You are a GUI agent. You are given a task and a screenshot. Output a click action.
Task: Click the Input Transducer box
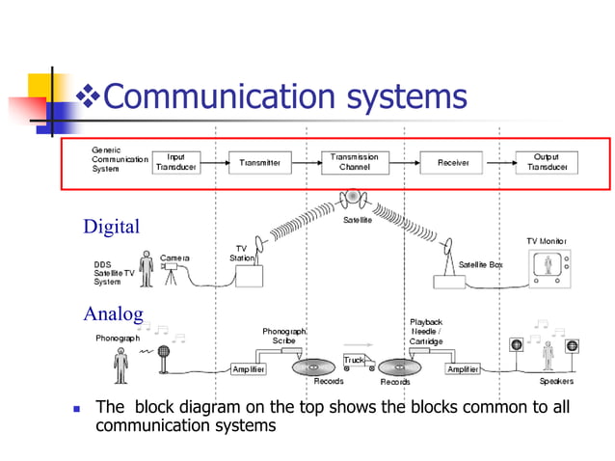coord(176,163)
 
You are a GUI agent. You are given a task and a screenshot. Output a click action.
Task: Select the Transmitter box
coord(259,163)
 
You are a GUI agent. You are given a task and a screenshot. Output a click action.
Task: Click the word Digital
coord(111,228)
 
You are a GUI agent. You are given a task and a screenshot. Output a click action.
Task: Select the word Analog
coord(114,313)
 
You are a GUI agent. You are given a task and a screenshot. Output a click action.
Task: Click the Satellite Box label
coord(480,264)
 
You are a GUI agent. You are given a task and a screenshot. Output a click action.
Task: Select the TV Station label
coord(241,253)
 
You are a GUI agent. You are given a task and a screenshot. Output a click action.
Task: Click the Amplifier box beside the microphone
coord(249,369)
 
